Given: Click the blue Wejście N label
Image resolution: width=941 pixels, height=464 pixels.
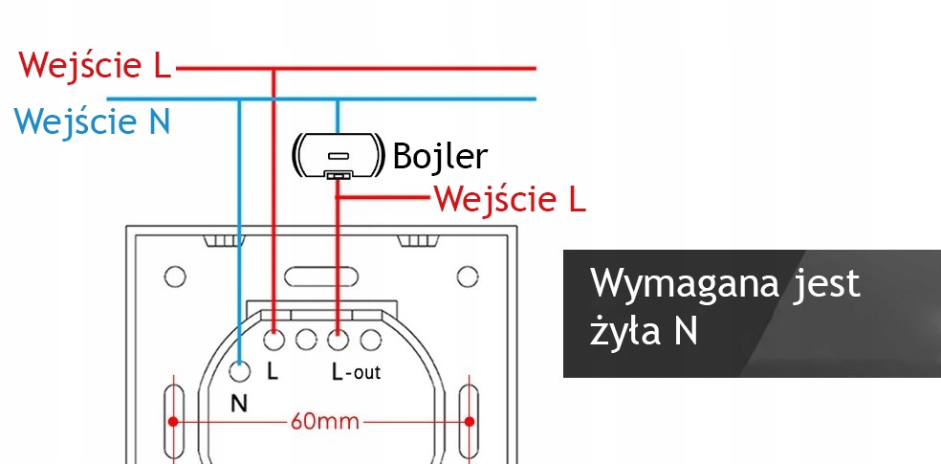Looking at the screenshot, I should click(92, 122).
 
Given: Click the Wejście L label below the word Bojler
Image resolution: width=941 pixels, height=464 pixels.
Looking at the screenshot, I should click(510, 200).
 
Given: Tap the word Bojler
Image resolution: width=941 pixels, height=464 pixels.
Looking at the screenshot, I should click(440, 157).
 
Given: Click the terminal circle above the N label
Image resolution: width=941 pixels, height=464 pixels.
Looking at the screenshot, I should click(239, 369).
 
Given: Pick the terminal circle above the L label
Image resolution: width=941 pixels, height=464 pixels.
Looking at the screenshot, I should click(274, 338).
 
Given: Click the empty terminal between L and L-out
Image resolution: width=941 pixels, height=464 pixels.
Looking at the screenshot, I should click(306, 338).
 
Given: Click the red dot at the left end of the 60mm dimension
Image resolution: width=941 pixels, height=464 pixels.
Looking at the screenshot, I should click(173, 421).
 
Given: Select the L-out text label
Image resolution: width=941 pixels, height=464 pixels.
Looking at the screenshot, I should click(356, 371).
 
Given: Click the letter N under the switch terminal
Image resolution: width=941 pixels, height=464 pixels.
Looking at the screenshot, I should click(239, 403).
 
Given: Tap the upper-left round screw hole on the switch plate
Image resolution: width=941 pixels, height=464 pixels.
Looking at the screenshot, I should click(174, 277).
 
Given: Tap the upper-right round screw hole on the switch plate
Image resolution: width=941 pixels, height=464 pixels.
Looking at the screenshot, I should click(467, 277).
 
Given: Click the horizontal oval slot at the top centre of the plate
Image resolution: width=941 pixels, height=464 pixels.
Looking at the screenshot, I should click(321, 277).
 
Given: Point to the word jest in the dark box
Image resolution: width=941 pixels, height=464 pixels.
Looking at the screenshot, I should click(827, 285).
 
